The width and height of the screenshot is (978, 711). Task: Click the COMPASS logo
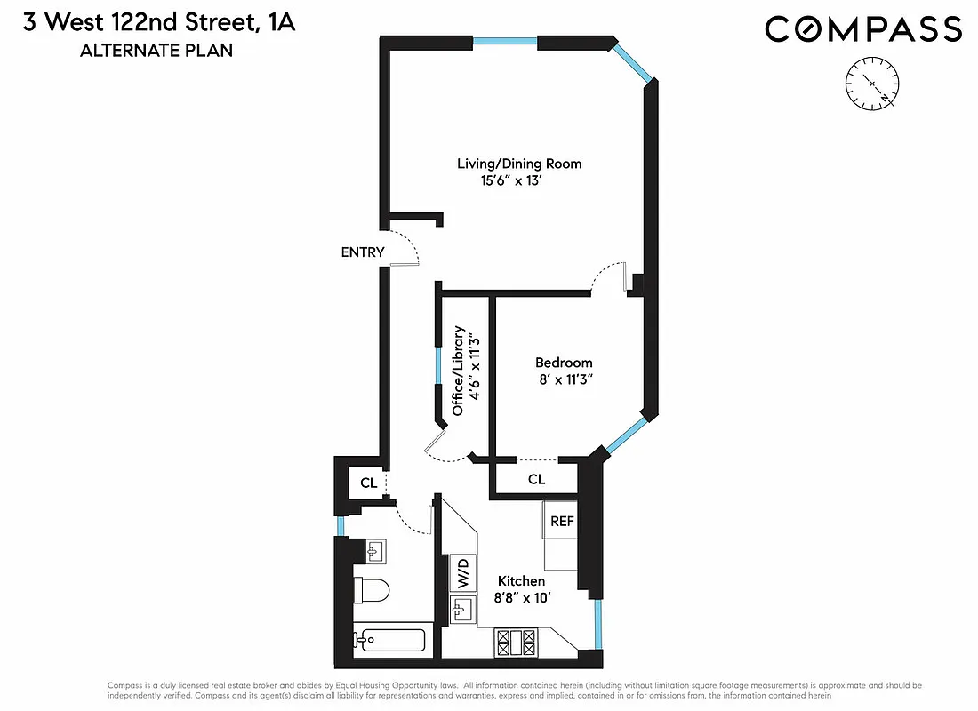[x=863, y=29]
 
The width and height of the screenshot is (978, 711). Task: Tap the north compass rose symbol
[x=874, y=84]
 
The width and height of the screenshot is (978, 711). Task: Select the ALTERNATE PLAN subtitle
[x=156, y=51]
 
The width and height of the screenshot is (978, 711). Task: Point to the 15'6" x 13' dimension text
[x=510, y=181]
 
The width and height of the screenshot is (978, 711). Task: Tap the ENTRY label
[x=363, y=252]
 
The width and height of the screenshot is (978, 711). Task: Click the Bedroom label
[x=564, y=363]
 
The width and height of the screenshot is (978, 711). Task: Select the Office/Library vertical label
[x=458, y=371]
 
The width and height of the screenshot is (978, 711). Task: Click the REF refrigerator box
[x=561, y=523]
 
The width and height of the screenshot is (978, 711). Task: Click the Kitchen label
[x=520, y=581]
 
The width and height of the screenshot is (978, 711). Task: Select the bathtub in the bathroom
[x=392, y=640]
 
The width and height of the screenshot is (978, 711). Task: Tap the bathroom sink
[x=374, y=552]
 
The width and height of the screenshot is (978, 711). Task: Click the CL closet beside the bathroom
[x=368, y=483]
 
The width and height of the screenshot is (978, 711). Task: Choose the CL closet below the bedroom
[x=536, y=480]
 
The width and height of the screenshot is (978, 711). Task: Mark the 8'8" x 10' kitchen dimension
[x=525, y=598]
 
